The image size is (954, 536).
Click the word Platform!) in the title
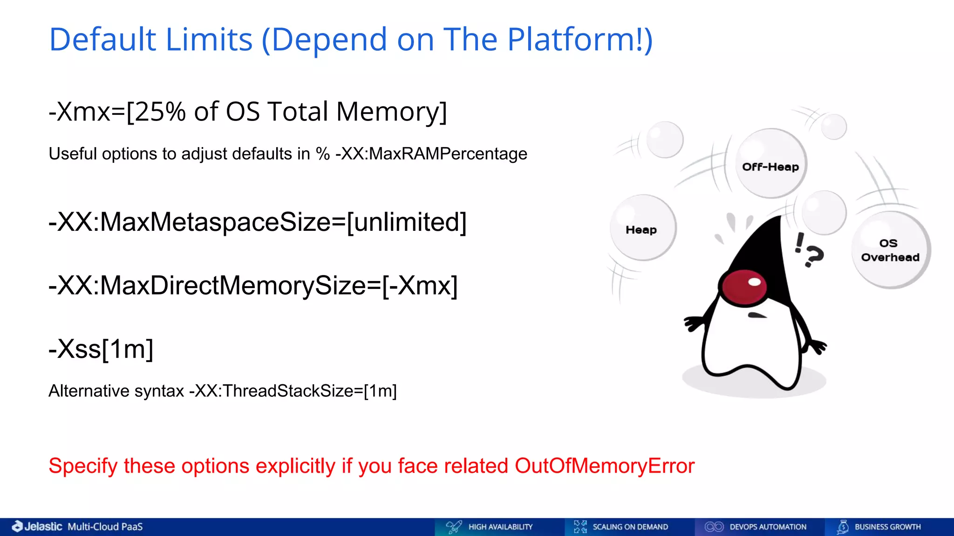tap(579, 40)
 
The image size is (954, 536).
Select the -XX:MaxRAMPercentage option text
tap(431, 154)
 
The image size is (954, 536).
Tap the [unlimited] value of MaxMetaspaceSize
tap(407, 222)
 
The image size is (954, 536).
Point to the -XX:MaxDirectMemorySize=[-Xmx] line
tap(253, 285)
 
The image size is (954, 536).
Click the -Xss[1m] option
tap(101, 349)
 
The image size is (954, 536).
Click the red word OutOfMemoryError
tap(604, 466)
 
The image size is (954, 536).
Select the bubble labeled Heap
tap(642, 228)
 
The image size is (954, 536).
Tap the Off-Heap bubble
tap(770, 164)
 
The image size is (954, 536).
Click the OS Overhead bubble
tap(890, 250)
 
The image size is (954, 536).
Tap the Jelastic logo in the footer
tap(37, 527)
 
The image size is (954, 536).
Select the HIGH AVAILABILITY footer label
tap(500, 527)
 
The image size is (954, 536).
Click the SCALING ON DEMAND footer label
tap(630, 527)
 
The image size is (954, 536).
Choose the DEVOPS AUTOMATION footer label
tap(768, 527)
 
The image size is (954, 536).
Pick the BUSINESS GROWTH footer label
tap(887, 527)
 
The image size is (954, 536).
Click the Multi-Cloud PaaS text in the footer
tap(105, 527)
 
